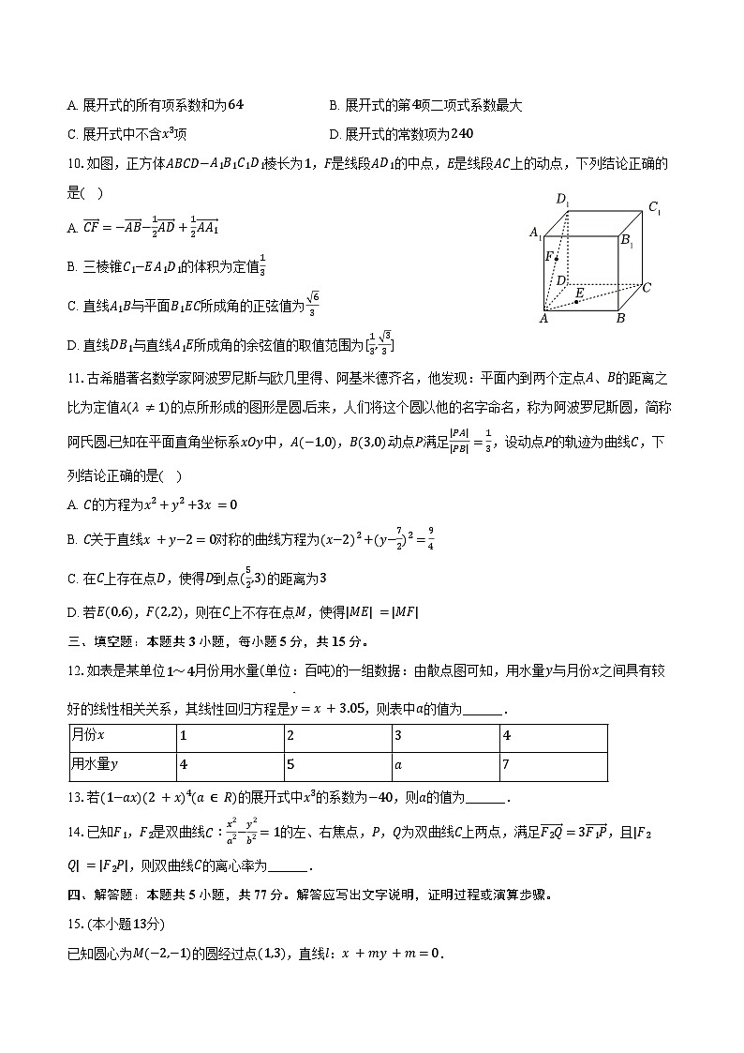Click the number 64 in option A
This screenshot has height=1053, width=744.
coord(235,106)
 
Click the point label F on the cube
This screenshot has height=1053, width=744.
coord(550,255)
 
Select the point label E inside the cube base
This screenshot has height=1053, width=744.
coord(580,293)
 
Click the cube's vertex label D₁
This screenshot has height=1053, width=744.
coord(562,198)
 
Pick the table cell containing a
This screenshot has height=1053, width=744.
coord(397,764)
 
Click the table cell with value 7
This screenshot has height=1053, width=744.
coord(506,764)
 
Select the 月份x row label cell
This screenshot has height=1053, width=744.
coord(88,736)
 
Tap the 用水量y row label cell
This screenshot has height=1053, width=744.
coord(94,764)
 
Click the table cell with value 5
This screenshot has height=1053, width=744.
coord(291,764)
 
